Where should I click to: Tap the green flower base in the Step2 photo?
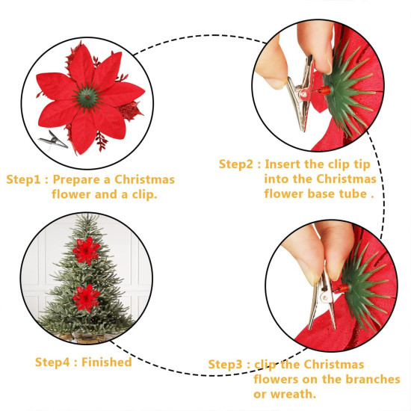pos(351,93)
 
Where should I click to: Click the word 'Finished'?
pos(106,362)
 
